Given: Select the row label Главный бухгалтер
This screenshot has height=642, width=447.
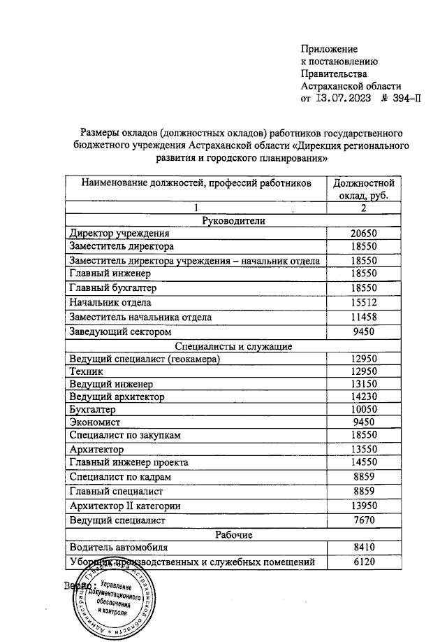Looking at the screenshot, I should coord(112,288).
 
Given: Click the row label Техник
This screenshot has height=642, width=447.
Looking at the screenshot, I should coord(86,371).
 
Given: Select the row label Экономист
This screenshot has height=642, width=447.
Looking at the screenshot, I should coord(95,422).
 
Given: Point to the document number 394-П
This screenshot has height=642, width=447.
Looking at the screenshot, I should coord(401,99).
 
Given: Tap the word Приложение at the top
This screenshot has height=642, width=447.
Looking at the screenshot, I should coord(328,49).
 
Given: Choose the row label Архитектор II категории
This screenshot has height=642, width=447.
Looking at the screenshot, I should coord(126,506).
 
